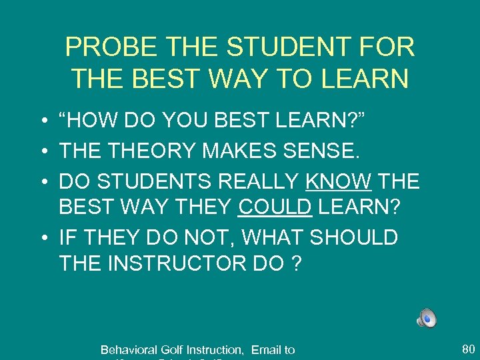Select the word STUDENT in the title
(292, 48)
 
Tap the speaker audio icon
(427, 318)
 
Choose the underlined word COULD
(275, 208)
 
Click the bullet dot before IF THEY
(43, 236)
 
